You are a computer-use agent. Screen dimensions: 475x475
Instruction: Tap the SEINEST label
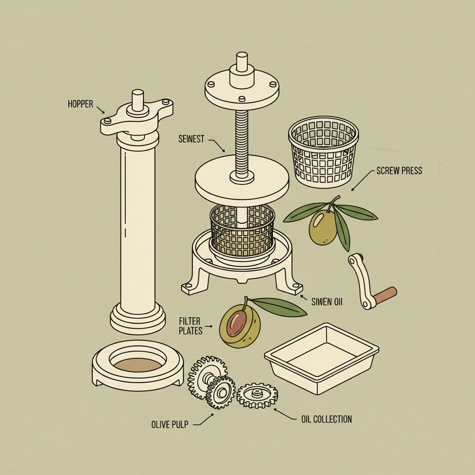pyautogui.click(x=191, y=139)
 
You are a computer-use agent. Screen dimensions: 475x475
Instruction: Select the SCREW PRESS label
pyautogui.click(x=399, y=171)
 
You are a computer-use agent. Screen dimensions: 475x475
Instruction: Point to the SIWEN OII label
pyautogui.click(x=327, y=302)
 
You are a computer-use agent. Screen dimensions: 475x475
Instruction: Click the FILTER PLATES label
pyautogui.click(x=191, y=326)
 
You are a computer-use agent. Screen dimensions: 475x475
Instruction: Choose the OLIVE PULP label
pyautogui.click(x=170, y=424)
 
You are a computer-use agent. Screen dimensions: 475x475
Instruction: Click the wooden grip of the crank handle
pyautogui.click(x=385, y=295)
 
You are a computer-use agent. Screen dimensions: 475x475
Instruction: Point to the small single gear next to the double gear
pyautogui.click(x=257, y=395)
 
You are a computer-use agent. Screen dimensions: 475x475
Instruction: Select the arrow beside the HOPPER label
pyautogui.click(x=101, y=109)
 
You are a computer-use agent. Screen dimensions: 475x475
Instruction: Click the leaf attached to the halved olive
pyautogui.click(x=278, y=306)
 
